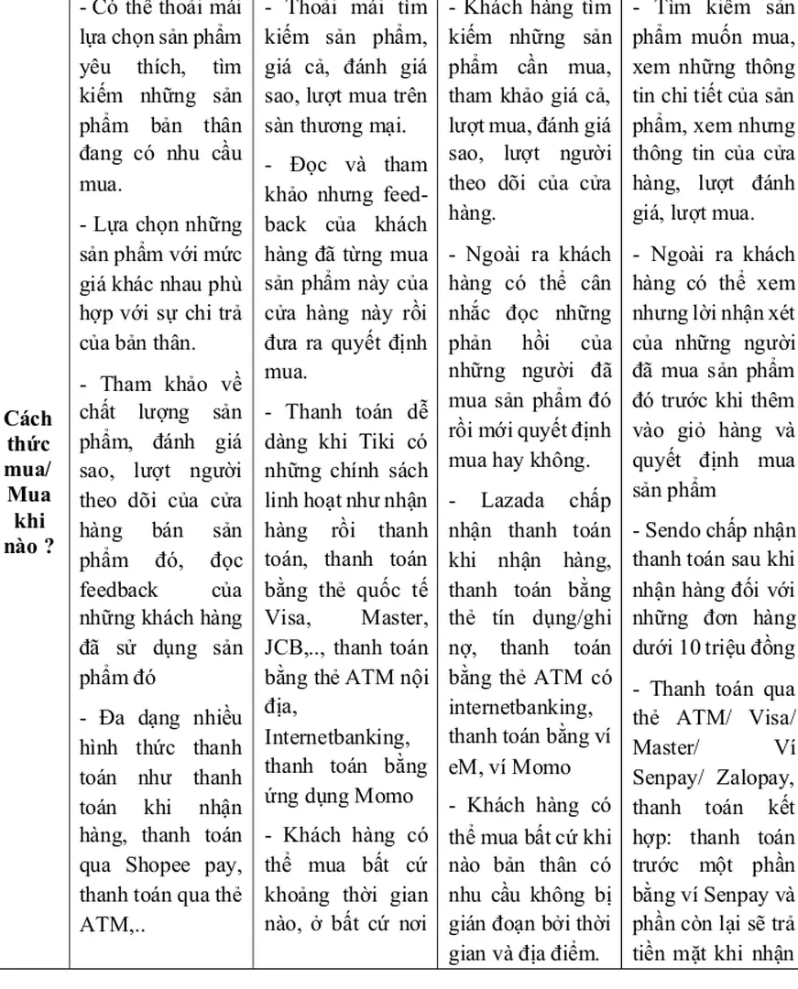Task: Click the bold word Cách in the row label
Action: (28, 419)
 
